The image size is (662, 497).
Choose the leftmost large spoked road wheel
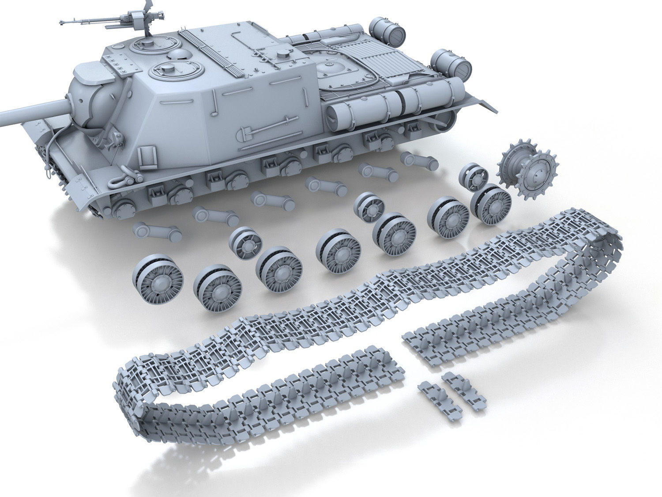coord(152,277)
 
